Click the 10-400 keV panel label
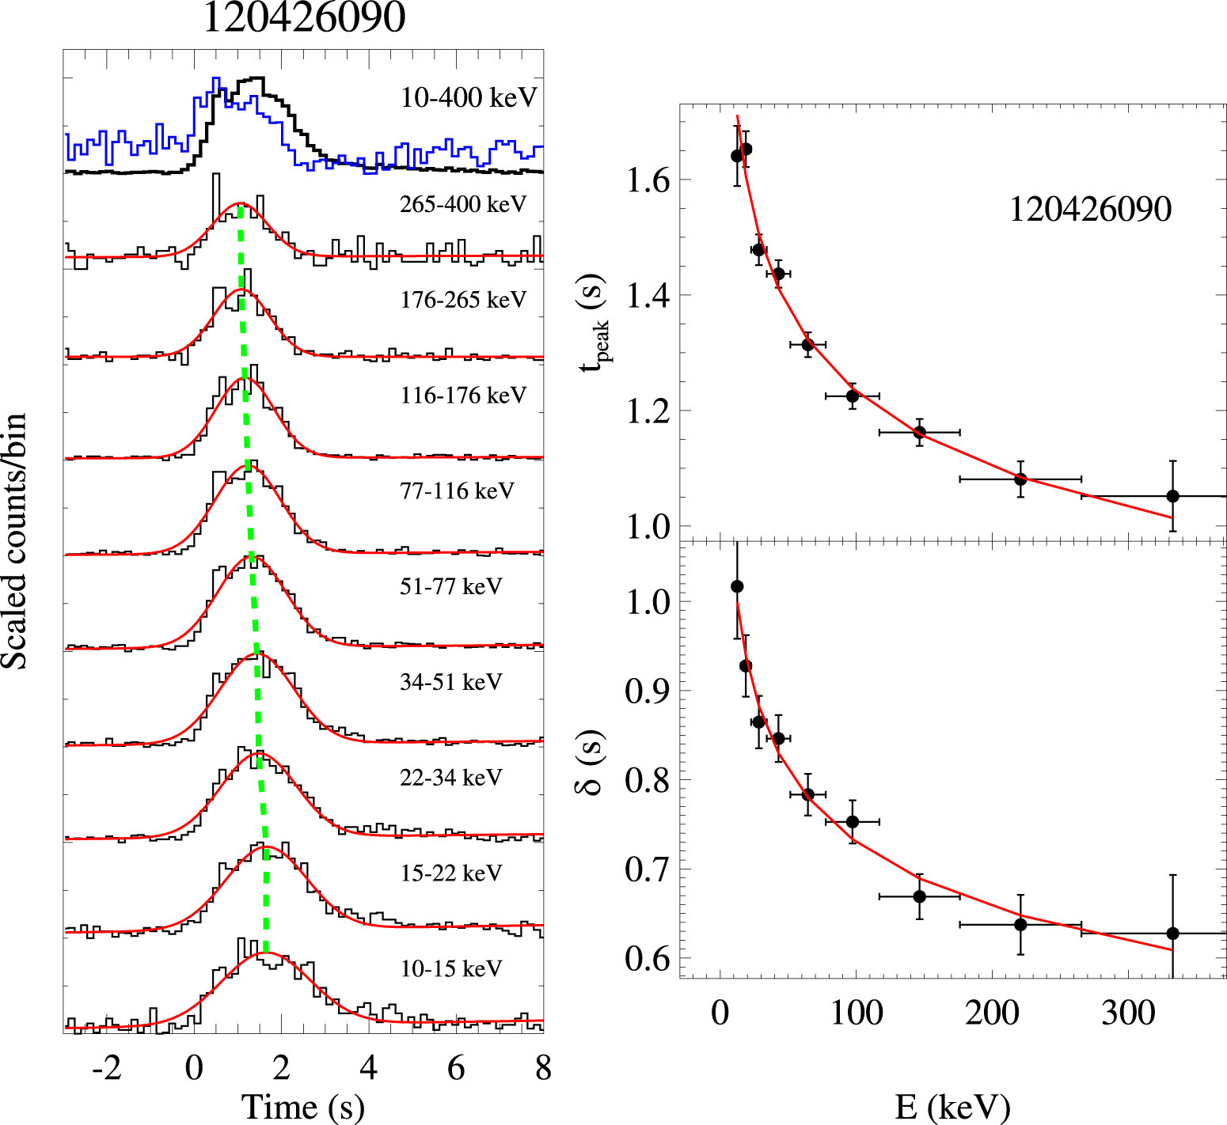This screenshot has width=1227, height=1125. [x=469, y=97]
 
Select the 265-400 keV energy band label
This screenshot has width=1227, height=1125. [x=463, y=204]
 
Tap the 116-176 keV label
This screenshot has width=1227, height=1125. [x=463, y=395]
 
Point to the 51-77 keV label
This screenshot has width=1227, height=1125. [x=450, y=586]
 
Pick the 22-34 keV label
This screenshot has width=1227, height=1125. [x=450, y=778]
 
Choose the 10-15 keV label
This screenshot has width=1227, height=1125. [x=450, y=968]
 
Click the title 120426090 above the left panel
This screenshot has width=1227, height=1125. [x=304, y=17]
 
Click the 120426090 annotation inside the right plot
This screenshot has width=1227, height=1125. [x=1090, y=210]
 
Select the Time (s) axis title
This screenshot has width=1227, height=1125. [x=303, y=1106]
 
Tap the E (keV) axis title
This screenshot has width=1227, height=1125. [x=952, y=1107]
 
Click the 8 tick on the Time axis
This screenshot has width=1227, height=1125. [x=543, y=1068]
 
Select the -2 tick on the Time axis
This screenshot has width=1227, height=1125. [x=107, y=1068]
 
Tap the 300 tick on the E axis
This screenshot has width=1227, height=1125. [x=1128, y=1013]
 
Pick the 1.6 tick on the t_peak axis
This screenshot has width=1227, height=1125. [x=648, y=180]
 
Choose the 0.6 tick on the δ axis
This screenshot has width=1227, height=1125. [x=648, y=959]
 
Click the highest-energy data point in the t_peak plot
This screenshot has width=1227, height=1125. [x=1172, y=496]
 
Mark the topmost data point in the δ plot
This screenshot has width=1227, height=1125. [x=737, y=586]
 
